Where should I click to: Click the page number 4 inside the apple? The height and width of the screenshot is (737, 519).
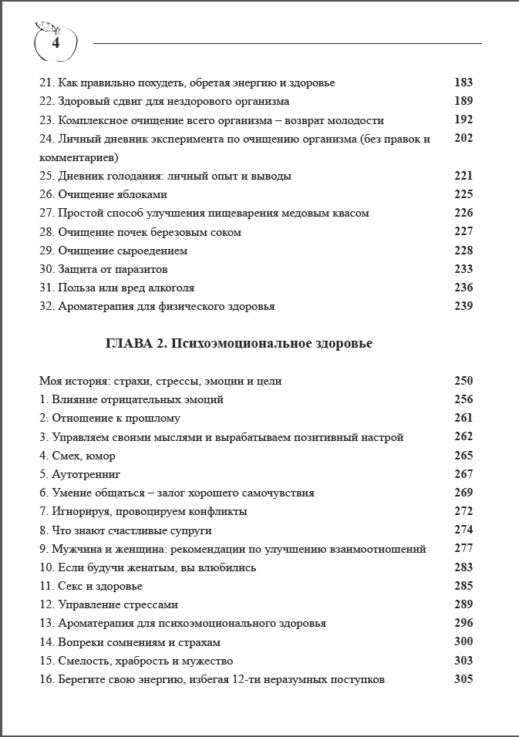[x=56, y=44]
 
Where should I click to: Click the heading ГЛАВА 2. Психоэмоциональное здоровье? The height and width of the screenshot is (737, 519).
[x=238, y=343]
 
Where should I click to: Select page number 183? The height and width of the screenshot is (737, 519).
[x=463, y=82]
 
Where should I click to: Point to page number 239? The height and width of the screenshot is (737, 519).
[x=463, y=306]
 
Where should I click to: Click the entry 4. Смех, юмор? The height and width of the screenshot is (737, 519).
[x=77, y=456]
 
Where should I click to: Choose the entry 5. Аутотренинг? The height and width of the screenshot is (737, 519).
[x=80, y=474]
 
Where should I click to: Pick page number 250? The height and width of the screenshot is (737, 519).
[x=463, y=381]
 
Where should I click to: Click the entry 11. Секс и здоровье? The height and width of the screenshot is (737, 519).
[x=90, y=586]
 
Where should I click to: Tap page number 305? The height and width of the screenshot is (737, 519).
[x=463, y=679]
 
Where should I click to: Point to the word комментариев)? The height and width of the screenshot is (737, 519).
[x=79, y=157]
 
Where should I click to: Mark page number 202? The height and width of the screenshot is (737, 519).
[x=463, y=139]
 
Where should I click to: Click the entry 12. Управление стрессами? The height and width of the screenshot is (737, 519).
[x=109, y=604]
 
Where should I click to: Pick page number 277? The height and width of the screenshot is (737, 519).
[x=463, y=549]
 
